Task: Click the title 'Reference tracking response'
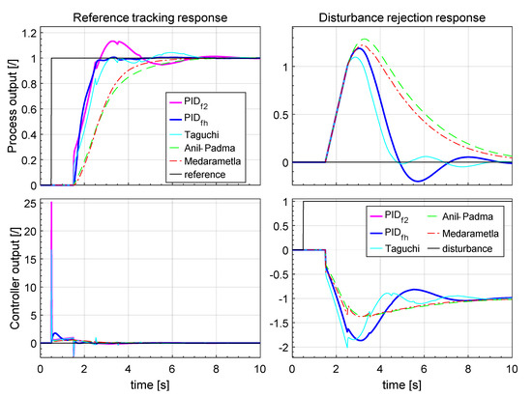point(150,11)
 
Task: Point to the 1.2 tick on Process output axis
point(28,33)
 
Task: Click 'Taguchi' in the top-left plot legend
point(198,127)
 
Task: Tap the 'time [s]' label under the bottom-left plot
point(150,384)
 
